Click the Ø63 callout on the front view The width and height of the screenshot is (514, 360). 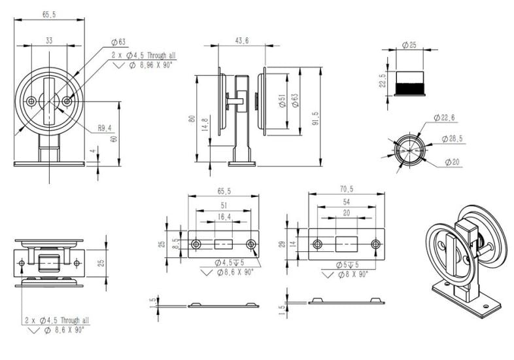(x=118, y=42)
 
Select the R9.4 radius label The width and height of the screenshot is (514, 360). (x=105, y=128)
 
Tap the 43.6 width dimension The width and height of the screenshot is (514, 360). (x=242, y=41)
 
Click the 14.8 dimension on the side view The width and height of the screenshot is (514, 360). (x=205, y=125)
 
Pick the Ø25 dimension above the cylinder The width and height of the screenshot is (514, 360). (x=409, y=45)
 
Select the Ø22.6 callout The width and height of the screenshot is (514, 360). (x=444, y=118)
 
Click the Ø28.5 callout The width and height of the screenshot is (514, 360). (x=452, y=139)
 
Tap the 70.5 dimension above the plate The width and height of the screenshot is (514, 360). (x=347, y=189)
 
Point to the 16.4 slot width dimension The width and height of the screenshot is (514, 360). (x=224, y=217)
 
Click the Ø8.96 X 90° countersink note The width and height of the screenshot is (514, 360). (x=150, y=65)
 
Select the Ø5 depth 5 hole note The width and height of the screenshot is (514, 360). (x=347, y=264)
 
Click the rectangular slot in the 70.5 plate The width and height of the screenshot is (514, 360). (x=346, y=244)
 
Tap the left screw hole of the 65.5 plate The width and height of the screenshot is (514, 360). (x=196, y=244)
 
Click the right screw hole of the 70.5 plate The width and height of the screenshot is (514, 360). (x=375, y=244)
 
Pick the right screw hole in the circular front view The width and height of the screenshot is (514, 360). (x=67, y=101)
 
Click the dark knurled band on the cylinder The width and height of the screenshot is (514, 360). (x=409, y=88)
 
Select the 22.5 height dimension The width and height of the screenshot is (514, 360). (x=383, y=81)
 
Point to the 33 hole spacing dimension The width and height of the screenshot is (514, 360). (x=49, y=41)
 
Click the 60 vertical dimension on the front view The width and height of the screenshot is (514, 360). (x=114, y=139)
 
